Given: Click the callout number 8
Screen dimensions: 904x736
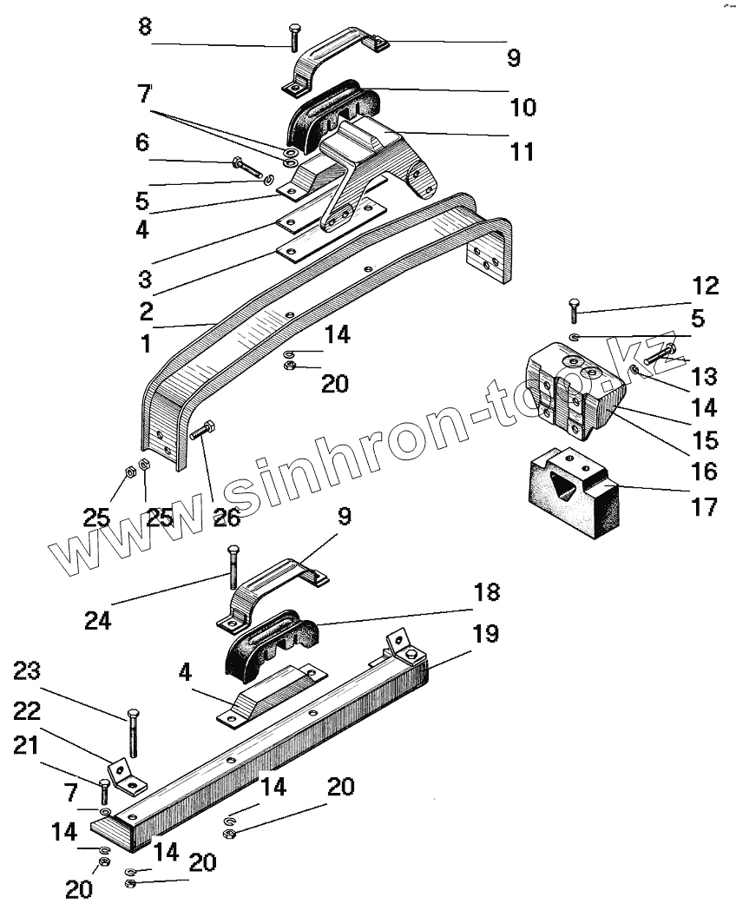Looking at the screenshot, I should point(145,27).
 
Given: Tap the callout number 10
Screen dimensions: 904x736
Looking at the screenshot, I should point(523,108).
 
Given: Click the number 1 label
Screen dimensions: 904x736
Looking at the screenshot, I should point(145,344).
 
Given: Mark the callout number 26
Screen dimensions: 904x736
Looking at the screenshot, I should point(227,519).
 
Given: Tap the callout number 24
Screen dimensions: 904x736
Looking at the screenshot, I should point(98,621).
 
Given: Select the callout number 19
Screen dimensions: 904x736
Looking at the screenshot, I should point(486,634).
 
